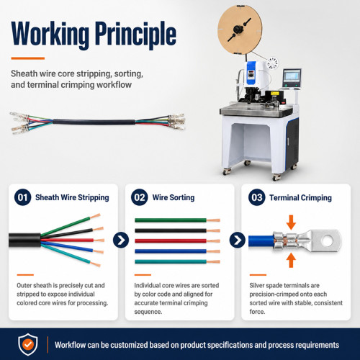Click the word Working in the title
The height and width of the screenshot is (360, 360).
click(50, 35)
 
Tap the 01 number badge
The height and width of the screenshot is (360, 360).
click(23, 197)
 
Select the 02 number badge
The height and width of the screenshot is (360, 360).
click(140, 197)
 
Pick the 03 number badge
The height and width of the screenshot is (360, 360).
click(257, 197)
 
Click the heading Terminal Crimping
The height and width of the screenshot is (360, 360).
click(300, 198)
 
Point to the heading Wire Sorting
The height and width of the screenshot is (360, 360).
click(174, 197)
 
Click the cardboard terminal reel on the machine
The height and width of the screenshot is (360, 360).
click(240, 30)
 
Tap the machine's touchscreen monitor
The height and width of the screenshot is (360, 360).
click(292, 78)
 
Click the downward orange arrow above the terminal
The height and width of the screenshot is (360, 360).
click(291, 222)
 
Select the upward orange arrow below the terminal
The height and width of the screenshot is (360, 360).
click(291, 260)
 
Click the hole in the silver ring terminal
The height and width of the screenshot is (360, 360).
click(328, 240)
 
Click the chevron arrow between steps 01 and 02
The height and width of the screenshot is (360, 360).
click(121, 240)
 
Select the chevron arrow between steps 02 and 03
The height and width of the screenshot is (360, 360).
click(238, 240)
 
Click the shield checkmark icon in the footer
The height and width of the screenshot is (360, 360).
click(28, 344)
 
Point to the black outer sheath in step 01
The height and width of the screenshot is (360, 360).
click(24, 240)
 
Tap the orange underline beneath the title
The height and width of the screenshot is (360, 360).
click(28, 58)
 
